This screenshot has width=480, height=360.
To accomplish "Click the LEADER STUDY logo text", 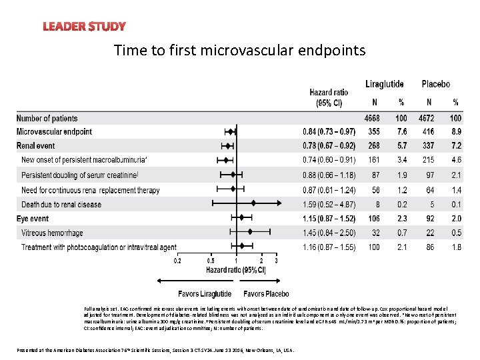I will click(84, 27).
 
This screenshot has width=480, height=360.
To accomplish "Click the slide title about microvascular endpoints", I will click(239, 50).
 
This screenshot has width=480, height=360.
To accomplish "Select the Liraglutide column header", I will click(384, 84).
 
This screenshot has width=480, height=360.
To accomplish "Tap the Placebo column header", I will click(435, 84).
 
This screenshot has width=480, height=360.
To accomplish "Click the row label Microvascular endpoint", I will click(55, 132).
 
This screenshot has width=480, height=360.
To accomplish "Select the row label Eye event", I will click(33, 219).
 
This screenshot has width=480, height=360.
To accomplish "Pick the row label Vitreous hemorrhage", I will click(53, 233).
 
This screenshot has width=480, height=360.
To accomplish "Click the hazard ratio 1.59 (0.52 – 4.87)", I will click(329, 205).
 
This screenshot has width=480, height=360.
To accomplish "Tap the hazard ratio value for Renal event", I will click(329, 146).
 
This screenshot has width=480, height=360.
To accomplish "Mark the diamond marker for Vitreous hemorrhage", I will click(250, 232).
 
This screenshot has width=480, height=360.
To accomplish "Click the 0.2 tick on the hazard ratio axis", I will click(177, 261).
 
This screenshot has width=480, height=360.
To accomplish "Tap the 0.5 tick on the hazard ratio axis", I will click(211, 261).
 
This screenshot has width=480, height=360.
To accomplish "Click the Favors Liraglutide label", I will click(205, 294).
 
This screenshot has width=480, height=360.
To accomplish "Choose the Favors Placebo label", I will click(266, 294).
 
